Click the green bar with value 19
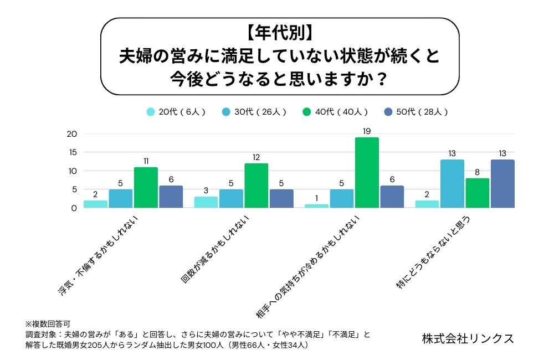click(367, 172)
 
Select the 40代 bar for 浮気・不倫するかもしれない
click(146, 187)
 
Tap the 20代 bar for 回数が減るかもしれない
click(206, 202)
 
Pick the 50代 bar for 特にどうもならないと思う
click(502, 183)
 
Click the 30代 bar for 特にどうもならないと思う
click(452, 183)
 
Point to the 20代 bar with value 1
click(316, 206)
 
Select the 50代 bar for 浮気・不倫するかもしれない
click(171, 197)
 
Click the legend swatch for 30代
click(226, 111)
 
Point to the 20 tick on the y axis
click(71, 133)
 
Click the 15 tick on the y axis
click(72, 152)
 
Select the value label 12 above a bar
click(256, 158)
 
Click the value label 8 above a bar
click(478, 173)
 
